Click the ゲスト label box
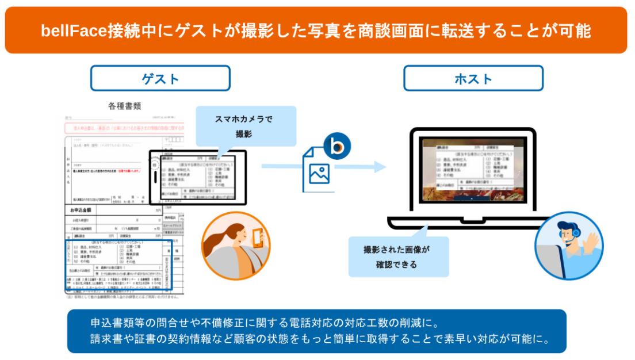pyautogui.click(x=160, y=78)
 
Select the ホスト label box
pyautogui.click(x=473, y=78)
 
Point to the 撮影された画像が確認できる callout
pyautogui.click(x=397, y=257)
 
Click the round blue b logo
pyautogui.click(x=336, y=147)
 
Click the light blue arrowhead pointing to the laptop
pyautogui.click(x=379, y=167)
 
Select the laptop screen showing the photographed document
pyautogui.click(x=473, y=170)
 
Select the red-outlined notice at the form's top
pyautogui.click(x=124, y=128)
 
